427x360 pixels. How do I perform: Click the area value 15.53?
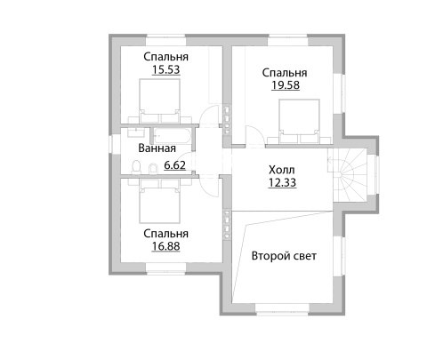click(x=165, y=70)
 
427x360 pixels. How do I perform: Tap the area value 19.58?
click(x=286, y=85)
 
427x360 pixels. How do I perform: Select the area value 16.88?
click(x=165, y=246)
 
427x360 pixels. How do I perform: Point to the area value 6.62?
click(x=175, y=165)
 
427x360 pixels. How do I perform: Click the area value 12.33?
click(x=282, y=182)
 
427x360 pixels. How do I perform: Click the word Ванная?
click(x=157, y=148)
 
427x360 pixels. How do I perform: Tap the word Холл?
click(x=282, y=170)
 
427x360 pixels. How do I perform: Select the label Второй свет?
click(x=284, y=256)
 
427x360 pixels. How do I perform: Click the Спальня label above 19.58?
click(x=285, y=73)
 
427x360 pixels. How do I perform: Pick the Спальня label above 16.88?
click(x=165, y=234)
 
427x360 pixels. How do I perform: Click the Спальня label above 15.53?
click(x=165, y=57)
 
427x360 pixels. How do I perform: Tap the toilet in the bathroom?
click(x=136, y=166)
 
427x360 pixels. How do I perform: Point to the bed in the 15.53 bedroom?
click(x=159, y=100)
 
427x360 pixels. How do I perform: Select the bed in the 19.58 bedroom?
click(x=300, y=121)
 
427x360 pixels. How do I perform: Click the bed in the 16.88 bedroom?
click(x=159, y=201)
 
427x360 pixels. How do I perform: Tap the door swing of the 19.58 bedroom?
click(x=254, y=136)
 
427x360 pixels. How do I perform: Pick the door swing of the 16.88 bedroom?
click(x=209, y=186)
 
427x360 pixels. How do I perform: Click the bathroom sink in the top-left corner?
click(x=136, y=132)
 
